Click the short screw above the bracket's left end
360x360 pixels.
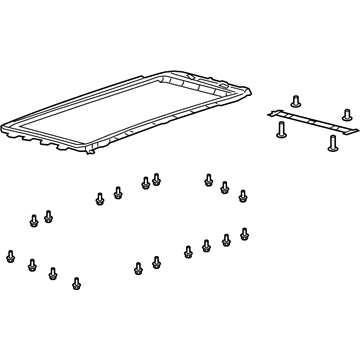(x=297, y=100)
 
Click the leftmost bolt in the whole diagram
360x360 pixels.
(x=10, y=253)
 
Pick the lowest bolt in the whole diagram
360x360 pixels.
(x=76, y=283)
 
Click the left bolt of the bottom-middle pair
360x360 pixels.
(x=138, y=267)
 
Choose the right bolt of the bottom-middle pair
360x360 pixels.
(x=156, y=262)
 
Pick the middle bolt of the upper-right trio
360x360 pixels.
(x=225, y=188)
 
